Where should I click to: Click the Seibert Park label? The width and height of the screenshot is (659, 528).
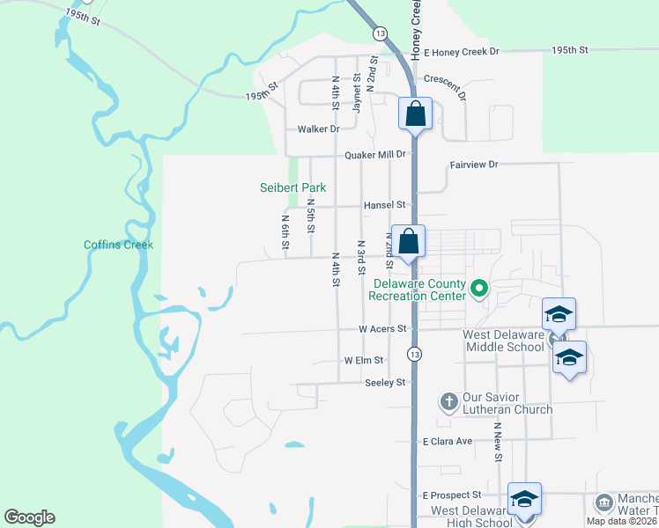click(x=292, y=187)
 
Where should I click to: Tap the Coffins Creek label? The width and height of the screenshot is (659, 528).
click(x=118, y=245)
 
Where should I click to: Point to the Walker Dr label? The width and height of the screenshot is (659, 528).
click(x=318, y=128)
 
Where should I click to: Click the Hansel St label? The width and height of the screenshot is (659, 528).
click(x=383, y=205)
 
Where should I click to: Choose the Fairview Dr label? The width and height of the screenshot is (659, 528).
click(x=474, y=165)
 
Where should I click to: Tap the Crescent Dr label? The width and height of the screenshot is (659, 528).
click(x=445, y=79)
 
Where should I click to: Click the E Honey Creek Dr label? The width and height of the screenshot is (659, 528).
click(x=461, y=52)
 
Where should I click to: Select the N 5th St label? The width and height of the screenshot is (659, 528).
click(x=310, y=215)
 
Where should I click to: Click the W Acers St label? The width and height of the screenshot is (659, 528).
click(x=381, y=328)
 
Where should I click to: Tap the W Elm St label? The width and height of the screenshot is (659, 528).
click(x=364, y=361)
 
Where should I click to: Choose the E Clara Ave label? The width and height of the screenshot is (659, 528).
click(x=448, y=442)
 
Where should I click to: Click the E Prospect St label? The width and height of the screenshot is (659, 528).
click(x=452, y=495)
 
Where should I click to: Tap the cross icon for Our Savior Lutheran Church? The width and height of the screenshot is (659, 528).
click(x=448, y=401)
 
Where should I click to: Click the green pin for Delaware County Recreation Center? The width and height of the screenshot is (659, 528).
click(x=480, y=288)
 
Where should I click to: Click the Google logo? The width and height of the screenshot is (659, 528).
click(x=29, y=517)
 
